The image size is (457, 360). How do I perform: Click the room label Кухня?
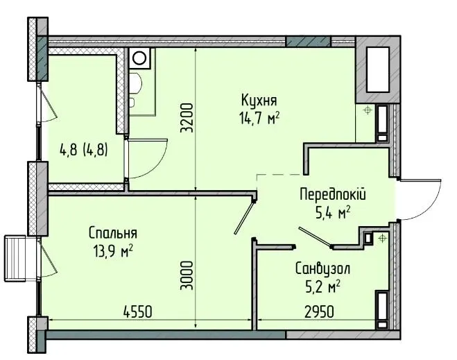click(x=259, y=101)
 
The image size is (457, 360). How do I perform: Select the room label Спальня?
click(x=113, y=233)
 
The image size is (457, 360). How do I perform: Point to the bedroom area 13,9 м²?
click(x=113, y=250)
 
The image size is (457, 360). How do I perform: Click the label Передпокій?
click(x=333, y=194)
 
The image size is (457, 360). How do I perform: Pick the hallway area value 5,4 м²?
click(x=333, y=212)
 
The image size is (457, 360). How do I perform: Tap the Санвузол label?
click(x=322, y=268)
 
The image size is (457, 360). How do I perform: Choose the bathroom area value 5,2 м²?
click(x=322, y=287)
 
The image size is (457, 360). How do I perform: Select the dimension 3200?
click(x=187, y=118)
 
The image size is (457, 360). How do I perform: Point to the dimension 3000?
click(x=187, y=275)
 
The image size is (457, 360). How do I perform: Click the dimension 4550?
click(x=138, y=312)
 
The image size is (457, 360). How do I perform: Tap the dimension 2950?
click(x=319, y=312)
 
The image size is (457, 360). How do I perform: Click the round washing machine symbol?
click(x=139, y=58)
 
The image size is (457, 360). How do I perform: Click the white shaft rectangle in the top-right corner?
click(x=378, y=69)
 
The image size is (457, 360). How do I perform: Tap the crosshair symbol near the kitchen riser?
click(x=368, y=110)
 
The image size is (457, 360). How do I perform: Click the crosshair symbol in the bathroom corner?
click(x=381, y=239)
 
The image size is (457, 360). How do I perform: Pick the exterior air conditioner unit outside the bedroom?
click(x=15, y=259)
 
